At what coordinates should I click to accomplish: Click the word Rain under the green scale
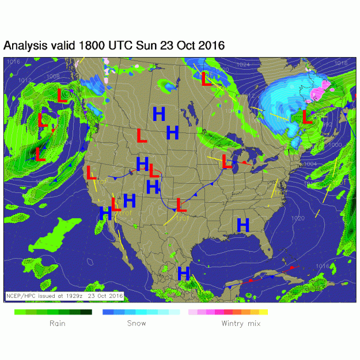57,323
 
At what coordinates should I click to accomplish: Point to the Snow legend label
137,323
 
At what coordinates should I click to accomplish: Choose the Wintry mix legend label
241,323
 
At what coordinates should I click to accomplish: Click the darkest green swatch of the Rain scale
86,312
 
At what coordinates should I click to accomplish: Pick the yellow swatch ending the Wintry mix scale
263,312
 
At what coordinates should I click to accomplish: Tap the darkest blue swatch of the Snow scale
107,312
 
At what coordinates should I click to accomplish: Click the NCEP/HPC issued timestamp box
65,295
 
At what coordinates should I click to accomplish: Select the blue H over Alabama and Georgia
242,225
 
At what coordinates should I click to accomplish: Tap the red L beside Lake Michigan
228,162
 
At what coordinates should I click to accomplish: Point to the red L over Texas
180,204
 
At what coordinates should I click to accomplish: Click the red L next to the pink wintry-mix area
306,118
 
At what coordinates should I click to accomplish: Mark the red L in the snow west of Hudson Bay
206,79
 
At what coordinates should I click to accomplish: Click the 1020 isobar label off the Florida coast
298,218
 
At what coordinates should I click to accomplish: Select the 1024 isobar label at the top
243,65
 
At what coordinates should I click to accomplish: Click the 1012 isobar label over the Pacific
25,80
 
